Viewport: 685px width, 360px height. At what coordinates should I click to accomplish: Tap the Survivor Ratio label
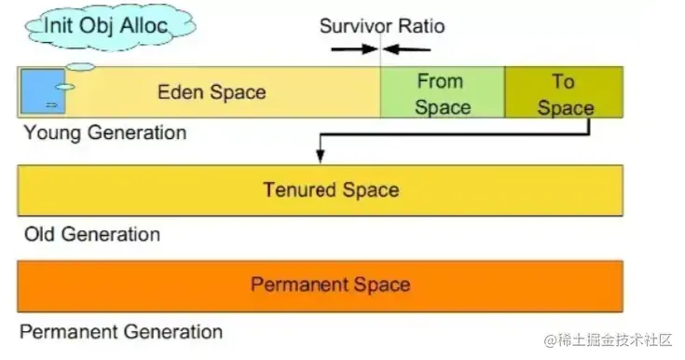382,26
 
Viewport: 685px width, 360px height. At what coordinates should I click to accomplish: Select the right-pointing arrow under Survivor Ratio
354,49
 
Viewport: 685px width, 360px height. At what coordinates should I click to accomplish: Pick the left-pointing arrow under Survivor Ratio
406,49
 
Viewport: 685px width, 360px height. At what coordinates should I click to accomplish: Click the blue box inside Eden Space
43,91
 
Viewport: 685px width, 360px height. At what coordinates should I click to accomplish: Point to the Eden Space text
212,92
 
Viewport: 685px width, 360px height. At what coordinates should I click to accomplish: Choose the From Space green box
443,92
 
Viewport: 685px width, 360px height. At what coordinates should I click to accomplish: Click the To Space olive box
564,92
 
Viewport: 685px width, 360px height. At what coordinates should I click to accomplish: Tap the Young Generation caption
105,132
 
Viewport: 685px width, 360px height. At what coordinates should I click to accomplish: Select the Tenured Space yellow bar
321,190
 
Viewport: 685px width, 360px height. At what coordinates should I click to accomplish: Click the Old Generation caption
92,234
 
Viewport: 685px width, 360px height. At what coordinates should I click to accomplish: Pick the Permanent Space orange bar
321,286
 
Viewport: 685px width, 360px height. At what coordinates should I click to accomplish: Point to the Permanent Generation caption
121,332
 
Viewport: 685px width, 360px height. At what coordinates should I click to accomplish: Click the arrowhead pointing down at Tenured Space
321,156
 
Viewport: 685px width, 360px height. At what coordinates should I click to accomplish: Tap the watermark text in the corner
608,339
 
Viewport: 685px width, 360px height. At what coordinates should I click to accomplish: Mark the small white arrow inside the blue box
51,105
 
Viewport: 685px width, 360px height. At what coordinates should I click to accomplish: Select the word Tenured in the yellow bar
300,190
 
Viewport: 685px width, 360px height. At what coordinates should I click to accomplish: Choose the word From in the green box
440,81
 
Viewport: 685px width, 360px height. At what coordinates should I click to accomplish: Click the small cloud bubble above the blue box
80,67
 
